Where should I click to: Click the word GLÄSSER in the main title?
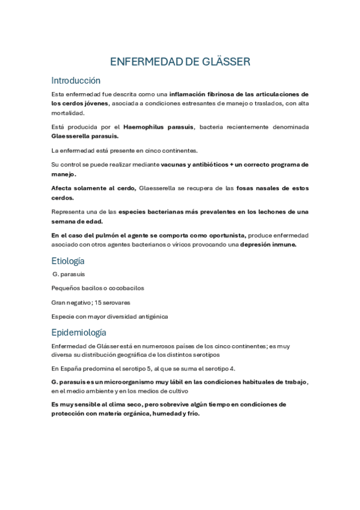coord(224,62)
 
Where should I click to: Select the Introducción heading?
coord(76,81)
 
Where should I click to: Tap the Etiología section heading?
coord(68,260)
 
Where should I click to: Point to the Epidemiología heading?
coord(79,332)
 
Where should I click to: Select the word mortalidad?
coord(68,113)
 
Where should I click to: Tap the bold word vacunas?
coord(175,164)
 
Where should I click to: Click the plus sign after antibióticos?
coord(231,164)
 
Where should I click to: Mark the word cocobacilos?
coord(126,288)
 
